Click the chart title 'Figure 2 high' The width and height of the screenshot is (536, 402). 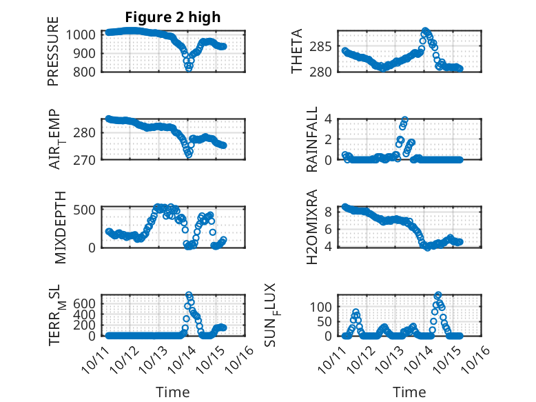point(173,17)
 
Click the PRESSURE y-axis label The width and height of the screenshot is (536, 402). point(53,52)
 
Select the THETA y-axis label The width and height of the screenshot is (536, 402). point(297,52)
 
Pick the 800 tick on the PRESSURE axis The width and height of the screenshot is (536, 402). point(89,71)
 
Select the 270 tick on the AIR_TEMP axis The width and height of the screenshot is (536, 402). point(89,159)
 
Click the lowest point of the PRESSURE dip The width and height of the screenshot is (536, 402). point(189,68)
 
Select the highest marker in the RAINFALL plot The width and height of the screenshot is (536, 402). point(405,120)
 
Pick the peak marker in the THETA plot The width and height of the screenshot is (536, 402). point(425,31)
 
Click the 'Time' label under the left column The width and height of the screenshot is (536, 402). point(173,392)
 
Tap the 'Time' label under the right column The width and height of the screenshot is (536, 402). point(410,392)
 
